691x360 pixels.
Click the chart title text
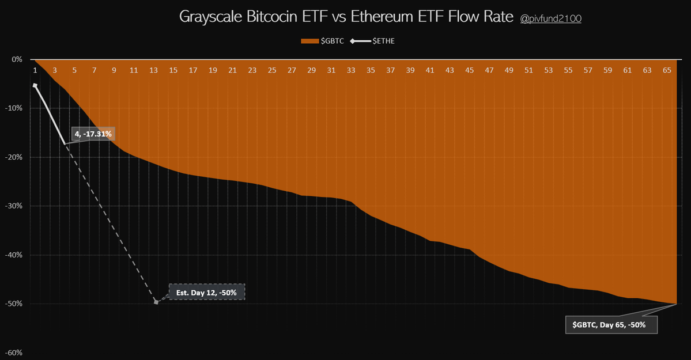(x=346, y=17)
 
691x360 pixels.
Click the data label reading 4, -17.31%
(x=94, y=134)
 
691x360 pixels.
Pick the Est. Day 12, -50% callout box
(x=206, y=291)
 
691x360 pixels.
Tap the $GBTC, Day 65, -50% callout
(x=612, y=325)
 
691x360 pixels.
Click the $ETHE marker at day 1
(x=35, y=85)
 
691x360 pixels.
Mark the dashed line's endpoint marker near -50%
(x=156, y=302)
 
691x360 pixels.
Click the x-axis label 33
(x=351, y=70)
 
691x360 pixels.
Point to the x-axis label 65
(x=667, y=70)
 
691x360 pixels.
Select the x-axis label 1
(x=35, y=70)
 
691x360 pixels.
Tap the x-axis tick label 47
(x=489, y=70)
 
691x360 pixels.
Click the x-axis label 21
(x=232, y=70)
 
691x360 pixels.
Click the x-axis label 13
(x=153, y=70)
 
